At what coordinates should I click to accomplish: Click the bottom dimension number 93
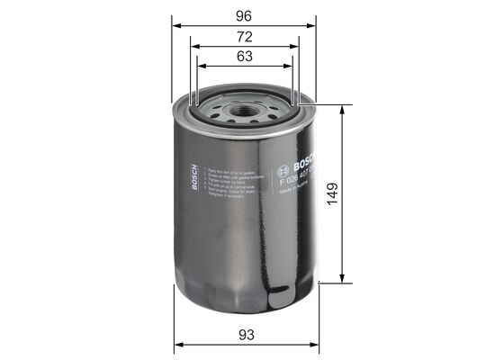[247, 336]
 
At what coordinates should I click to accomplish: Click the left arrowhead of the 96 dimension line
[175, 26]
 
